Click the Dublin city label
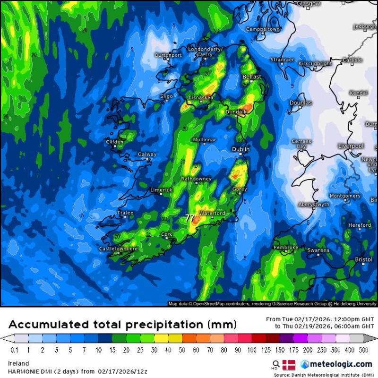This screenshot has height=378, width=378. click(240, 149)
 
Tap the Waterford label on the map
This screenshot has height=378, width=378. click(213, 214)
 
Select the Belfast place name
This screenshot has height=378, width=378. click(251, 77)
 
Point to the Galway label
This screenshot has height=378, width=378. click(147, 155)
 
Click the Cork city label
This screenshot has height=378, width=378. click(167, 234)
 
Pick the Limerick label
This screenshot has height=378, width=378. click(162, 190)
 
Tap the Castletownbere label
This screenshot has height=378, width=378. click(118, 249)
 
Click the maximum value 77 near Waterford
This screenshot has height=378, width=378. click(190, 218)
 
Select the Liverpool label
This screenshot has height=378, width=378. click(351, 146)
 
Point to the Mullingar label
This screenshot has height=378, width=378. click(205, 140)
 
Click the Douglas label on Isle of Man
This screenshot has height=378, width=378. click(301, 103)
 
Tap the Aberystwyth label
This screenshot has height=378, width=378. click(314, 204)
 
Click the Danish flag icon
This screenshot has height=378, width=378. click(288, 364)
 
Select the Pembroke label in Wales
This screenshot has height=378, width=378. click(286, 247)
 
